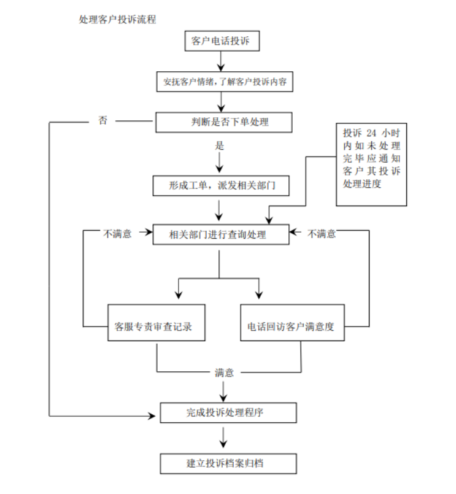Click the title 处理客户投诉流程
pos(117,20)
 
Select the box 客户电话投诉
pos(222,41)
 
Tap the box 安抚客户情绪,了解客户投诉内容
pos(224,82)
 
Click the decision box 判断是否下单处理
pos(222,122)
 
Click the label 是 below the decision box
pos(220,147)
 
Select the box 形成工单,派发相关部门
pos(220,186)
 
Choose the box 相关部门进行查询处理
pos(220,234)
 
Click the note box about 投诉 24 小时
pos(372,164)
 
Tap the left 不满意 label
pos(117,234)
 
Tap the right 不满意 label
pos(322,234)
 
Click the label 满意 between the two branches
pos(224,372)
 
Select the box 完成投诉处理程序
pos(228,412)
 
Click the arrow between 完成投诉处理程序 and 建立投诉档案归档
pos(223,437)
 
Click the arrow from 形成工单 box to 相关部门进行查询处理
pos(220,210)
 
